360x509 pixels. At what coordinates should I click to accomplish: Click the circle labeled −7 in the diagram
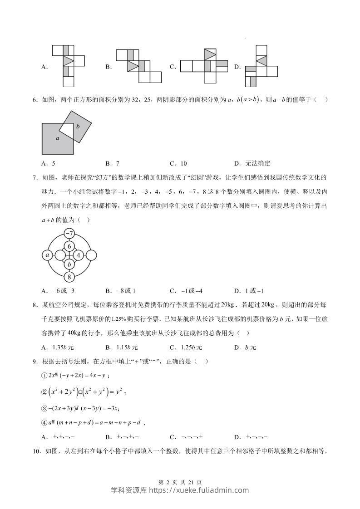pos(69,234)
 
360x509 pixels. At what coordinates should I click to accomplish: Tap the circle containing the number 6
pos(69,246)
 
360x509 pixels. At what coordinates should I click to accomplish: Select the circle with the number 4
pos(79,255)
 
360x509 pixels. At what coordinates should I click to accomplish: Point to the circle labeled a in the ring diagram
pos(48,255)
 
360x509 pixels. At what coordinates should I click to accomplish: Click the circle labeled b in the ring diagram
pos(69,264)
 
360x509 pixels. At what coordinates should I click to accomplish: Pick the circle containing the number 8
pos(69,277)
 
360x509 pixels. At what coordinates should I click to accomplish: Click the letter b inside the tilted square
pos(78,127)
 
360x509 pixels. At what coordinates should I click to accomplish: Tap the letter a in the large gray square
pos(58,139)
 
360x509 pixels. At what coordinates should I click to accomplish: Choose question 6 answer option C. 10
pos(178,164)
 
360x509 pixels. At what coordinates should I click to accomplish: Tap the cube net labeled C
pos(204,66)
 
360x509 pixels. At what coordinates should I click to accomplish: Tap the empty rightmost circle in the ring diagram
pos(90,255)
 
